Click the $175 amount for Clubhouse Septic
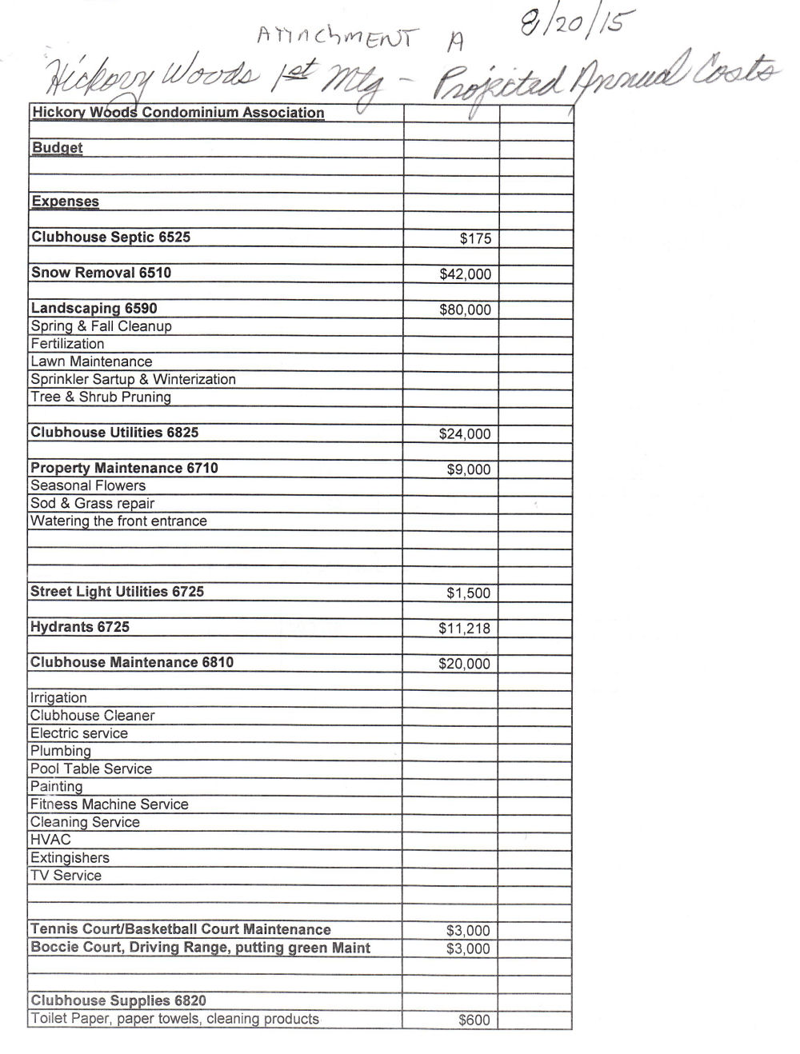click(475, 238)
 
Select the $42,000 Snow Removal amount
click(465, 274)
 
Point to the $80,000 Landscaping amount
click(465, 309)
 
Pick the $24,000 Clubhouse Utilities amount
click(465, 434)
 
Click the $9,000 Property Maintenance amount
click(468, 469)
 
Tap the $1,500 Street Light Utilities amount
click(468, 593)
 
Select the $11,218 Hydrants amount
click(464, 628)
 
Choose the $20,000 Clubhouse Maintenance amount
click(464, 664)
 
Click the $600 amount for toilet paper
click(474, 1020)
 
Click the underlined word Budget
click(57, 148)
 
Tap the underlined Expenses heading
click(65, 202)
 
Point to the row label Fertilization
click(67, 344)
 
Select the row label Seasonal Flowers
click(88, 485)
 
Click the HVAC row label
click(50, 840)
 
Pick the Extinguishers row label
click(70, 858)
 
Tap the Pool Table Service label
click(90, 769)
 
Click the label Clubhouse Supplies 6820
click(118, 1000)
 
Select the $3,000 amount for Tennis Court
click(467, 930)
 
